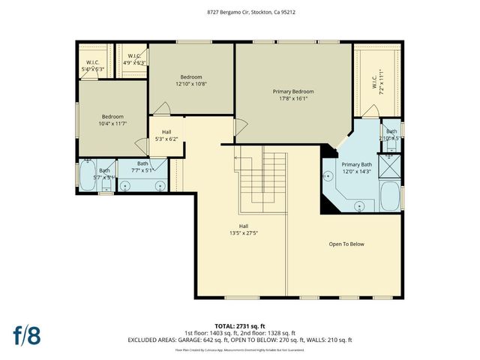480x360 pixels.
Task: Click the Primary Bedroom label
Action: coord(292,91)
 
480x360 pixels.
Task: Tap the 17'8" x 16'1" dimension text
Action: coord(292,98)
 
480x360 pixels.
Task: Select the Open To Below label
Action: coord(346,244)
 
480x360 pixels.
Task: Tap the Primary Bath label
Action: coord(356,164)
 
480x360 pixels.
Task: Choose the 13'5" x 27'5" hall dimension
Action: coord(244,232)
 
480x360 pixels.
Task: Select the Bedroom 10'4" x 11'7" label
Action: coord(113,120)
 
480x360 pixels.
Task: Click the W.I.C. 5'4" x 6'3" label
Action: coord(94,65)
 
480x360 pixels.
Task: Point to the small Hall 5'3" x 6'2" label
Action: coord(166,135)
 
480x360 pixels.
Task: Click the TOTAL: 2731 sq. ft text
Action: coord(239,326)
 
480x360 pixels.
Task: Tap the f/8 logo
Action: coord(26,334)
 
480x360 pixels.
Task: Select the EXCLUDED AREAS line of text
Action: coord(239,340)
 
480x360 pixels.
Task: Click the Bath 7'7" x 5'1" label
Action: coord(142,166)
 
